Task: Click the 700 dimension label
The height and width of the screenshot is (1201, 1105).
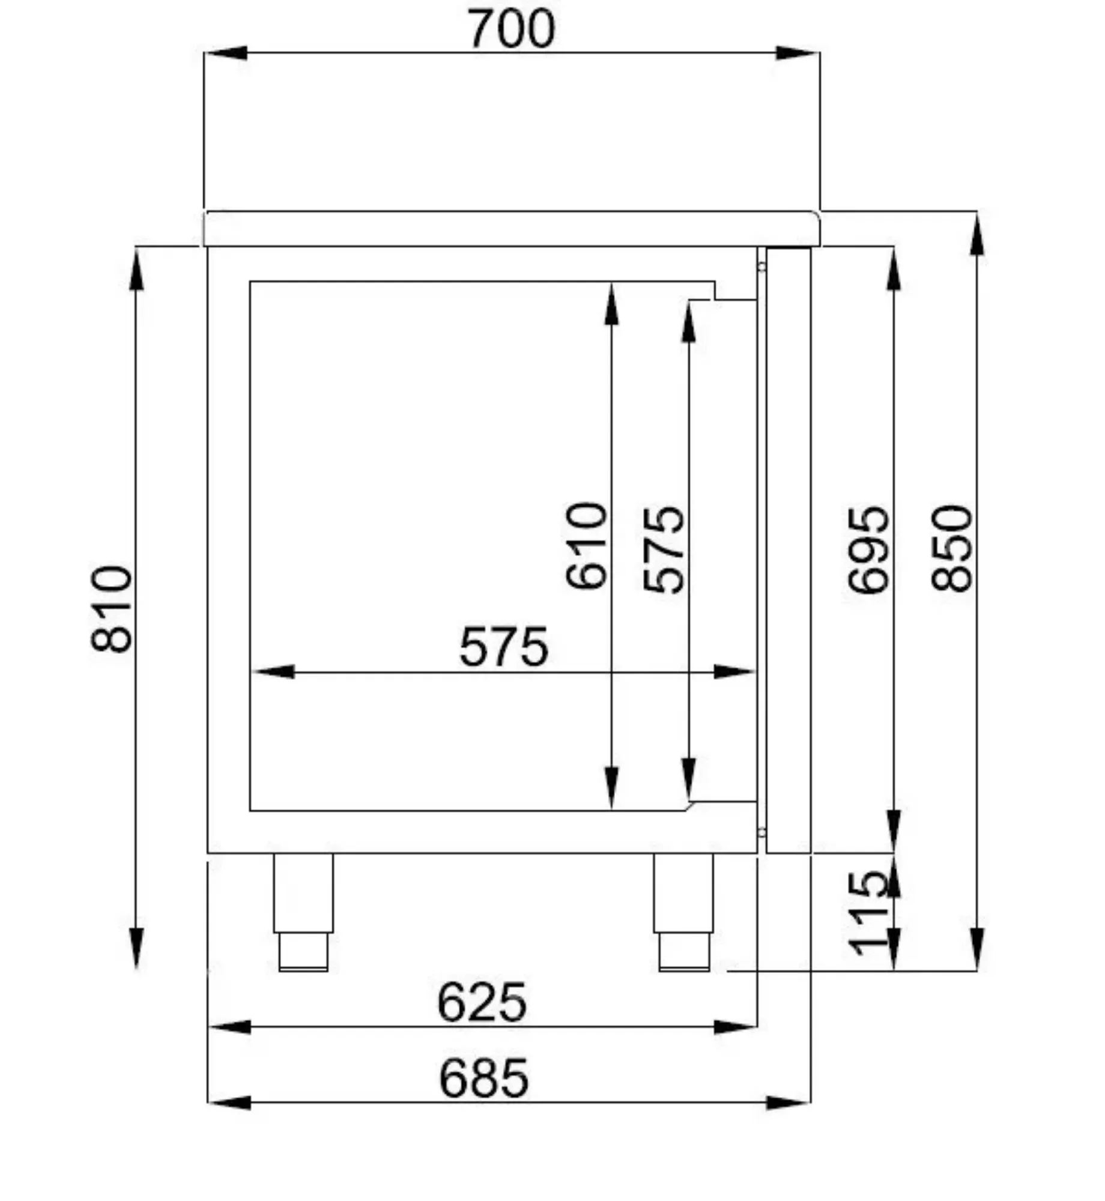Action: [512, 29]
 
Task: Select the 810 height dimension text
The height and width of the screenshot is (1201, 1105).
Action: [112, 608]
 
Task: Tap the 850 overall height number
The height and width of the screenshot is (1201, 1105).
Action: [952, 548]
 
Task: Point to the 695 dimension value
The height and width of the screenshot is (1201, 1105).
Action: [868, 550]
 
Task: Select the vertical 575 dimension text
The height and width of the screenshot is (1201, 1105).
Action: [664, 550]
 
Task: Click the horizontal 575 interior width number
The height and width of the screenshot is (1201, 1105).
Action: [503, 647]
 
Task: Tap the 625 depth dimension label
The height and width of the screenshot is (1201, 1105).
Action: [482, 1002]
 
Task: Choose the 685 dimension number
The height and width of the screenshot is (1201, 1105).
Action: [483, 1079]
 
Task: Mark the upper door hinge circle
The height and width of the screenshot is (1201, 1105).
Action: [761, 267]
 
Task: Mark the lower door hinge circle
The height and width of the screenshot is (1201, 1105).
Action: [761, 832]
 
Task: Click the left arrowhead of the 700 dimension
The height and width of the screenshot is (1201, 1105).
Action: [225, 53]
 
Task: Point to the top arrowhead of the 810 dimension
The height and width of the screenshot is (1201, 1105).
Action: [137, 270]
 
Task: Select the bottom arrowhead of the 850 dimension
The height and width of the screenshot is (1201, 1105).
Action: [977, 949]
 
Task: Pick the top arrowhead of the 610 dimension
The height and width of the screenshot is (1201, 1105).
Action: [611, 305]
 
